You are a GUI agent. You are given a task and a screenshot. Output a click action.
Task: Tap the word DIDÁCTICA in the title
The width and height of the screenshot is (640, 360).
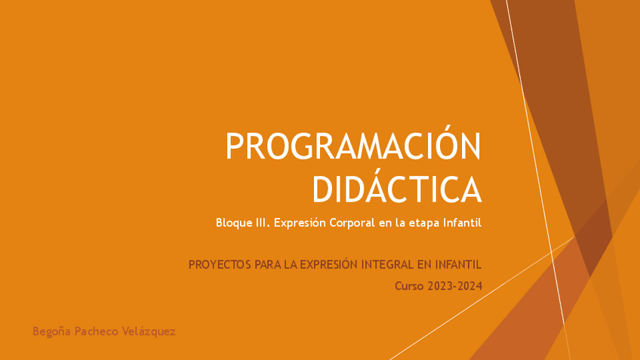[x=397, y=189]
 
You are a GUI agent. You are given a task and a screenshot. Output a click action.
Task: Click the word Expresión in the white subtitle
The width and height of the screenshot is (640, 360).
[x=300, y=223]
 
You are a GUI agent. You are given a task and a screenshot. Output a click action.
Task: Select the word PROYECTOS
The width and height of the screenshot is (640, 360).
[x=220, y=265]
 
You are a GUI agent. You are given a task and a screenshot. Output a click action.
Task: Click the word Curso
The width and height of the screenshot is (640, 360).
[x=409, y=286]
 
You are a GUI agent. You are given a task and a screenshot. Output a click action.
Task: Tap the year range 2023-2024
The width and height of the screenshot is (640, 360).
[x=454, y=286]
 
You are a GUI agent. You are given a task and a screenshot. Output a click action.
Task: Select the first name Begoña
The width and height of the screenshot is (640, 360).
[x=51, y=331]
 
